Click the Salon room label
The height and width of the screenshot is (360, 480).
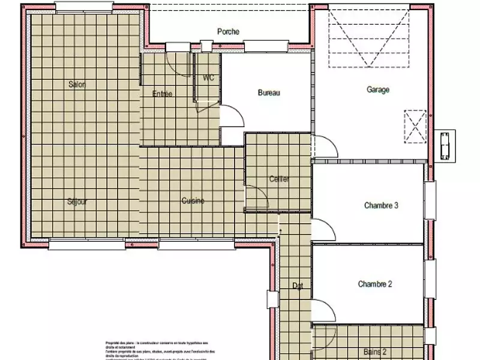tap(77, 85)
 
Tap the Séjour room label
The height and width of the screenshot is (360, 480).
tap(77, 202)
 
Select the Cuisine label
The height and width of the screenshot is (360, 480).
tap(193, 201)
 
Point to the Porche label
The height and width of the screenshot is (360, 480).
tap(229, 32)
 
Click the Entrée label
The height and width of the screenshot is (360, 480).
tap(162, 94)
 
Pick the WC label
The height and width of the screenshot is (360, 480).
tap(208, 78)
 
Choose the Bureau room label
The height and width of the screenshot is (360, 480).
tap(269, 92)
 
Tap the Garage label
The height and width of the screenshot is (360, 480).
tap(378, 90)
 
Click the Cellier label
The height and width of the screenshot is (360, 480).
tap(279, 179)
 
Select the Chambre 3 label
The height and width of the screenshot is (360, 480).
tap(381, 205)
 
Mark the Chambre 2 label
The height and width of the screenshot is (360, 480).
tap(375, 284)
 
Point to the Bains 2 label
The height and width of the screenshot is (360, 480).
tap(375, 352)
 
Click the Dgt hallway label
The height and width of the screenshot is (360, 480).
tap(298, 286)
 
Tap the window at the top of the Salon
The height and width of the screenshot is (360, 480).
tap(83, 7)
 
